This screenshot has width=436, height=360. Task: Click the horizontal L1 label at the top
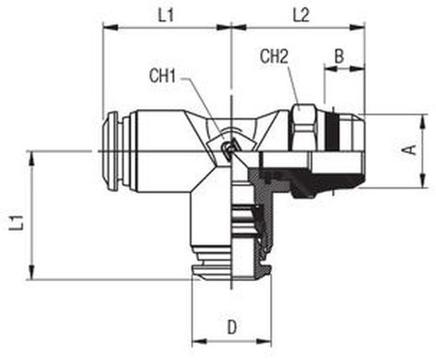pyautogui.click(x=166, y=15)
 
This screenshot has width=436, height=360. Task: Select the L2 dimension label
pyautogui.click(x=301, y=15)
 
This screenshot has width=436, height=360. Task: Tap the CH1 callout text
pyautogui.click(x=163, y=76)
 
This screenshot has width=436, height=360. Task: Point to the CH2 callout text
pyautogui.click(x=274, y=57)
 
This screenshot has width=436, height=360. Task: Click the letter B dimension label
pyautogui.click(x=339, y=56)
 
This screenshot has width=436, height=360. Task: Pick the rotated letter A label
pyautogui.click(x=411, y=150)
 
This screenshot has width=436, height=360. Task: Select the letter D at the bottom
pyautogui.click(x=231, y=327)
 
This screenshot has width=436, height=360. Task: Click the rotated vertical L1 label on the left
pyautogui.click(x=16, y=223)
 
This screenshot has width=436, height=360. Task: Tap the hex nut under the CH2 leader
pyautogui.click(x=304, y=128)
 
